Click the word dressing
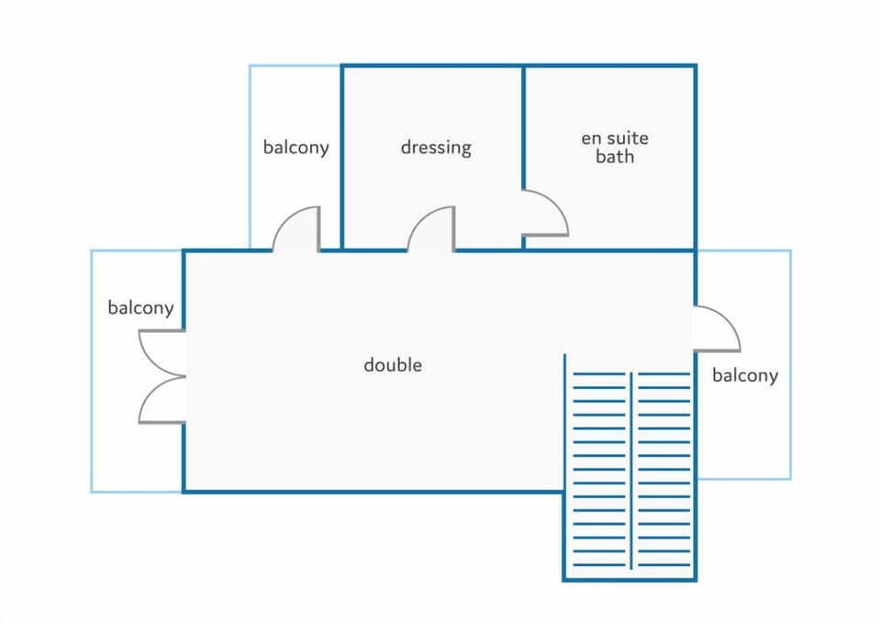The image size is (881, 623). [436, 147]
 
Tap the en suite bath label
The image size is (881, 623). [615, 147]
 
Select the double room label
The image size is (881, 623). [393, 364]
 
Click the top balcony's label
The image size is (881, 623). [296, 147]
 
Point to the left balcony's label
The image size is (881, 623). [140, 307]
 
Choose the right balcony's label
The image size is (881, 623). [744, 374]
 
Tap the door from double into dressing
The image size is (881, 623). [432, 228]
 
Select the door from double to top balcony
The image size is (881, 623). [297, 228]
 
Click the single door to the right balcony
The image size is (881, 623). [716, 328]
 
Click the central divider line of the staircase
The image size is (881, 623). [630, 459]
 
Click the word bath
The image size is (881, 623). [615, 157]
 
